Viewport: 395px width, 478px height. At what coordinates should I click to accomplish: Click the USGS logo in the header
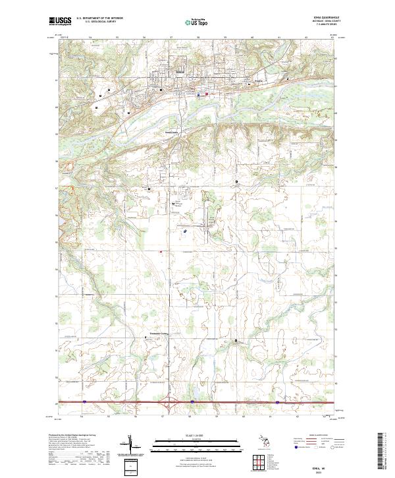(59, 21)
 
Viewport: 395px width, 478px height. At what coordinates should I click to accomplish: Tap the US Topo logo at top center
(197, 21)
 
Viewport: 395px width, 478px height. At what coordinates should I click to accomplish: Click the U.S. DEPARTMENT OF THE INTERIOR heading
(99, 18)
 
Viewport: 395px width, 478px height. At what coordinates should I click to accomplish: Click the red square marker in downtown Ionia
(207, 94)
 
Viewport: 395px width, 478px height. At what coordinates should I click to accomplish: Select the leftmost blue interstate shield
(85, 400)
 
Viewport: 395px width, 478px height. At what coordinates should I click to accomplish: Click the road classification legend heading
(319, 436)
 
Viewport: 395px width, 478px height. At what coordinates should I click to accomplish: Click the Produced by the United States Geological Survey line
(69, 436)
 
